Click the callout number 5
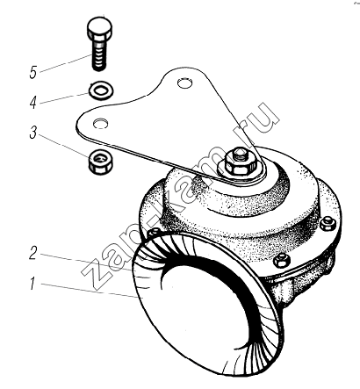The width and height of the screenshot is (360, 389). (x=33, y=73)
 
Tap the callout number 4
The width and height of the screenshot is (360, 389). (x=33, y=103)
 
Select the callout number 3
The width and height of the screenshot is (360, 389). (x=33, y=133)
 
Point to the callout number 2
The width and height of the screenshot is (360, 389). (x=33, y=253)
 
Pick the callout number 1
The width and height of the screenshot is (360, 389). (x=33, y=283)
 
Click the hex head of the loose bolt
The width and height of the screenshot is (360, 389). (x=99, y=29)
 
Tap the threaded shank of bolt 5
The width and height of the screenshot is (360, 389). (x=99, y=55)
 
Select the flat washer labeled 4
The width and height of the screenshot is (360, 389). (x=102, y=90)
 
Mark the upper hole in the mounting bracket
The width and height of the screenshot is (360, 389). (x=185, y=83)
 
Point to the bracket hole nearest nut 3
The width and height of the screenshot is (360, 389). (x=101, y=124)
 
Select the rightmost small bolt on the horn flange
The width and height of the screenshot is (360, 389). (x=328, y=224)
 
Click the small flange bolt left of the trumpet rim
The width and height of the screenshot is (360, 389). (x=154, y=232)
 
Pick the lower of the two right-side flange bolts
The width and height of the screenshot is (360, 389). (x=283, y=260)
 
